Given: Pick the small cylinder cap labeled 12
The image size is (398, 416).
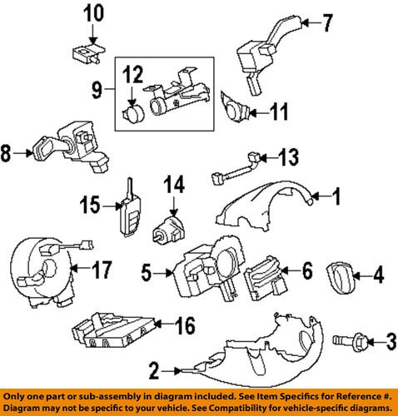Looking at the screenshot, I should pyautogui.click(x=132, y=112).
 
